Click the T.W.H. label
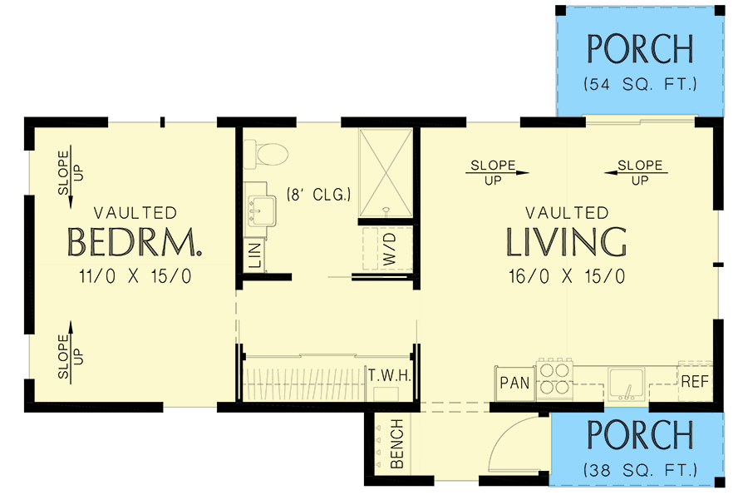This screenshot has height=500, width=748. pyautogui.click(x=390, y=376)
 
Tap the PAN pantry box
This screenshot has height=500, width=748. pyautogui.click(x=514, y=384)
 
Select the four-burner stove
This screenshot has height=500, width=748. pyautogui.click(x=554, y=377)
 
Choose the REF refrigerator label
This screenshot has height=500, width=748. pyautogui.click(x=695, y=384)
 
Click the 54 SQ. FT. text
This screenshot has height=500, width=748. pyautogui.click(x=639, y=85)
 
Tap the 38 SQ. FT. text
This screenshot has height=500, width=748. pyautogui.click(x=639, y=471)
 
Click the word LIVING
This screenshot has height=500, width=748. pyautogui.click(x=567, y=242)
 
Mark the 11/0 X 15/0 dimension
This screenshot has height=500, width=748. pyautogui.click(x=135, y=276)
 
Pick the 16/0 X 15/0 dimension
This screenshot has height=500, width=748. pyautogui.click(x=567, y=276)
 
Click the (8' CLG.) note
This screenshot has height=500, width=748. pyautogui.click(x=319, y=195)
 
